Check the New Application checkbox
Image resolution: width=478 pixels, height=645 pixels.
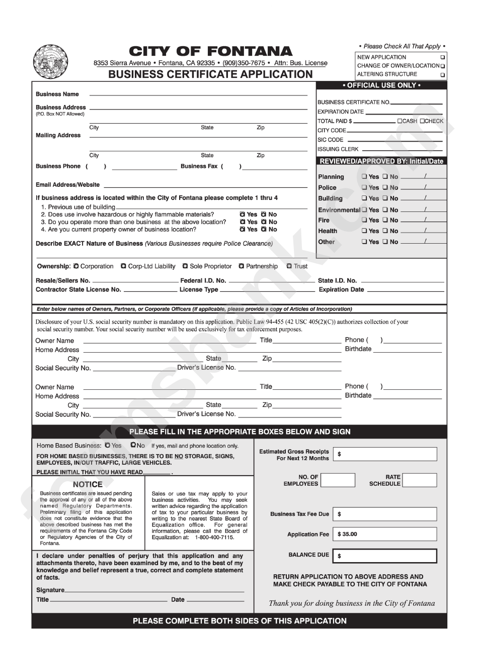tap(443, 57)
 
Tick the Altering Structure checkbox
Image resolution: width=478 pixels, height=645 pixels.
tap(443, 75)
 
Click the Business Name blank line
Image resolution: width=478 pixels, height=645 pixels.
tap(198, 94)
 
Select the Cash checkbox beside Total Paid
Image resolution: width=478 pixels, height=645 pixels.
tap(400, 121)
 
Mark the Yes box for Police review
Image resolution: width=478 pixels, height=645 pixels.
tap(364, 188)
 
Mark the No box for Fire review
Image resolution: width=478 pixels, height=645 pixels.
tap(385, 221)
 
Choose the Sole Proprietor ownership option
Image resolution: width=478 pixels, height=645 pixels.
tap(185, 266)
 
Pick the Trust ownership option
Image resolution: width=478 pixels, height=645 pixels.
tap(289, 266)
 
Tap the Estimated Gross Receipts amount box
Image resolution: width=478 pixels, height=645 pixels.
tap(385, 454)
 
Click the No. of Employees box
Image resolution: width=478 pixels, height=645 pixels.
tap(338, 480)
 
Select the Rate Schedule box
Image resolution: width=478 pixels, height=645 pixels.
tap(420, 480)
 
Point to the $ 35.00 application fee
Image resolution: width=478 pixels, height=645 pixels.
tap(348, 534)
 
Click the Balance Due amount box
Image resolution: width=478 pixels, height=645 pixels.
tap(385, 556)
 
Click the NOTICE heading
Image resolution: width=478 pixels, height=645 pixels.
tap(88, 484)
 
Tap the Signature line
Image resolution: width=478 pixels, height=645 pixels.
tap(154, 591)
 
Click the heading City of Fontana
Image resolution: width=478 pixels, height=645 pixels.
tap(210, 51)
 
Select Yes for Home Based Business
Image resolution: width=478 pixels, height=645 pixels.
tap(108, 446)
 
